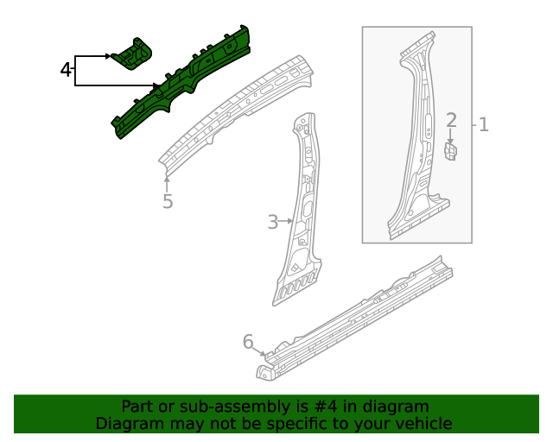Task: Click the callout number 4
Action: click(66, 70)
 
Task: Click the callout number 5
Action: click(168, 201)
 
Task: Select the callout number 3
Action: click(272, 222)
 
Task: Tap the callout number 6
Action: click(248, 343)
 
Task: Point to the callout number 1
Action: click(484, 124)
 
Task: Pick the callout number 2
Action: click(451, 121)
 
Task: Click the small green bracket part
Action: click(136, 54)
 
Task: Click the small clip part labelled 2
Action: click(450, 152)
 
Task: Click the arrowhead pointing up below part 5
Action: click(166, 180)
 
